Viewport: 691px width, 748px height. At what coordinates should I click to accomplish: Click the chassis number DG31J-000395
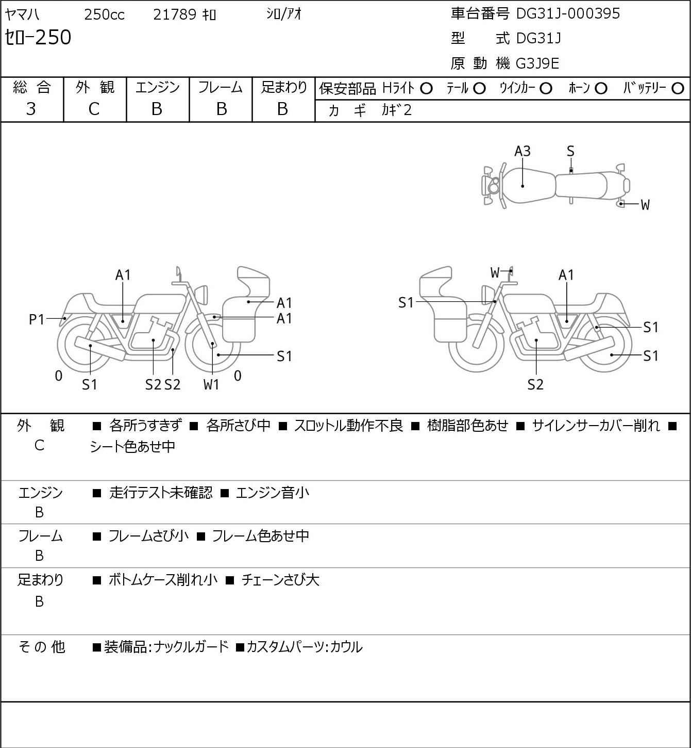point(567,14)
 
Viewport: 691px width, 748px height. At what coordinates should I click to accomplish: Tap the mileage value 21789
point(175,14)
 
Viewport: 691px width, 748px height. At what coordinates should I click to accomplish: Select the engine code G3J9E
point(537,63)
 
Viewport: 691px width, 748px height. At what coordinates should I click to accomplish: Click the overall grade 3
point(31,109)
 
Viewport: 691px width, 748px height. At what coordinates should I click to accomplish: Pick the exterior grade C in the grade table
point(94,109)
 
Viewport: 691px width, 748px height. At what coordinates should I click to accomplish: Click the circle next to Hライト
point(426,89)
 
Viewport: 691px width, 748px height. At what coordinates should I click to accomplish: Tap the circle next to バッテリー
point(678,89)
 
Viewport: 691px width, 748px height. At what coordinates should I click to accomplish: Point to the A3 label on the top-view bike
point(523,152)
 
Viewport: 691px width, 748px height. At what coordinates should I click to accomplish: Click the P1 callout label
point(37,319)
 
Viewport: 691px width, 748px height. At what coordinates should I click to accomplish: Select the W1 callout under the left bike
point(211,384)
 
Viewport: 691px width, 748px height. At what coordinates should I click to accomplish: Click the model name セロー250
point(38,37)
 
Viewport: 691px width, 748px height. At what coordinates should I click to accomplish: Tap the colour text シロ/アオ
point(284,14)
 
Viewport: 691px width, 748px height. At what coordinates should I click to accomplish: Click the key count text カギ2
point(397,110)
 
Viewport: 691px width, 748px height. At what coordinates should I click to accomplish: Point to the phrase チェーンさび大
point(280,580)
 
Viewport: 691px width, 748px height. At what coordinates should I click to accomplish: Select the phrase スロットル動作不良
point(348,426)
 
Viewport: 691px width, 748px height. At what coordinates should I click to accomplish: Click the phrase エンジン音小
point(273,493)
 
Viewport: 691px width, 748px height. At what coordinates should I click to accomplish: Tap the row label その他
point(42,647)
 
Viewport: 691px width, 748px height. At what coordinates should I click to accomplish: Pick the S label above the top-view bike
point(570,152)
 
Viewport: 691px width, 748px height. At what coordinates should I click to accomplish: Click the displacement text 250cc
point(104,14)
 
